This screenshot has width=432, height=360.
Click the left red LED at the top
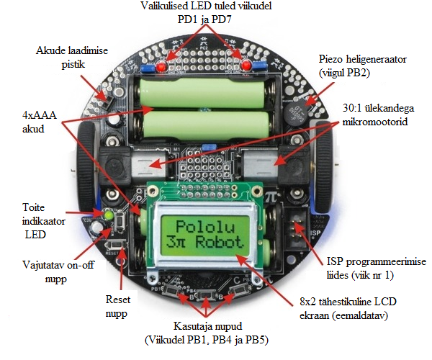tap(163, 67)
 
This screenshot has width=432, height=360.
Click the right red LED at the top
tap(247, 67)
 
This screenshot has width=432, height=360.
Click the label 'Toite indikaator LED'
tap(33, 220)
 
